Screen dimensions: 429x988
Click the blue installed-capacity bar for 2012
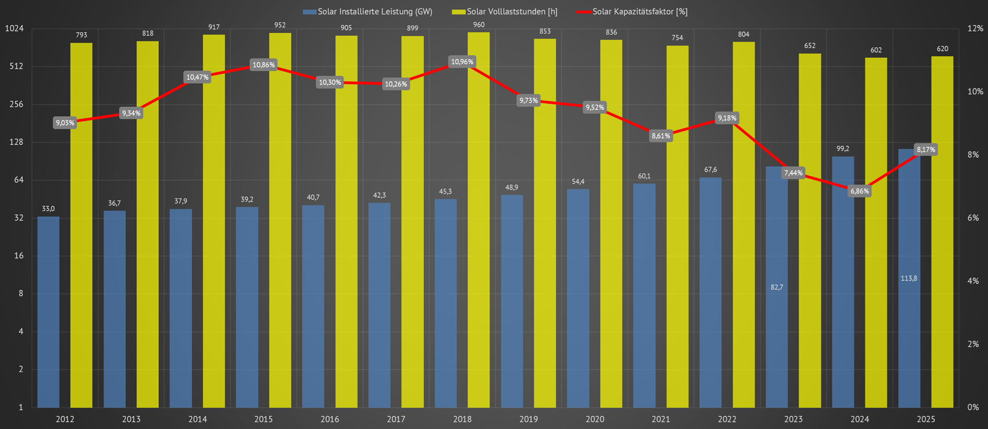(x=48, y=311)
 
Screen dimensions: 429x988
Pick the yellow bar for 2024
(x=876, y=241)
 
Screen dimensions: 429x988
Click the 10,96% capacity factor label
(x=462, y=62)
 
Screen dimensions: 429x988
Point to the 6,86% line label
(x=860, y=191)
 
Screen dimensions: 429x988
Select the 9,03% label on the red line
(x=65, y=123)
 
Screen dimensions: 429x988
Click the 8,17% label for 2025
(x=926, y=150)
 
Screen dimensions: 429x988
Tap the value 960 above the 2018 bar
(x=479, y=25)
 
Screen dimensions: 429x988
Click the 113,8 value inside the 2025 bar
(x=909, y=278)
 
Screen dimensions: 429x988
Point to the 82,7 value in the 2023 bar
(x=777, y=287)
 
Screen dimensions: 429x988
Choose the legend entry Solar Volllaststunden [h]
(x=511, y=12)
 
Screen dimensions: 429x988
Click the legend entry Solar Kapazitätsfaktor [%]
(x=639, y=12)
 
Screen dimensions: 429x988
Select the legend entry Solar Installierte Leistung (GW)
(x=374, y=12)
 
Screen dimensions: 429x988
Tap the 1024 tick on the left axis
(x=14, y=28)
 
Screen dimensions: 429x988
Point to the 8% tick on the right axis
(x=973, y=155)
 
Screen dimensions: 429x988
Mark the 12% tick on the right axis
(x=975, y=28)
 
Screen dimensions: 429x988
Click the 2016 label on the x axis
(x=330, y=419)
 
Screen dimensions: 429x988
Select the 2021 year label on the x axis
(x=661, y=419)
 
